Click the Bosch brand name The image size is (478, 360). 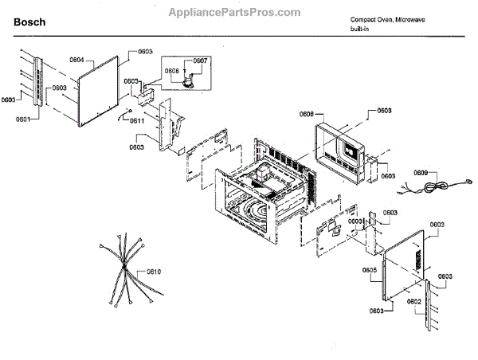coord(29,23)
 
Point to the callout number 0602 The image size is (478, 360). coord(413,302)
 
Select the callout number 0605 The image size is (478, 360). coord(369,270)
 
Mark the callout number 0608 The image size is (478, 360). coord(307,115)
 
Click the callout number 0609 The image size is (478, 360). coord(422,173)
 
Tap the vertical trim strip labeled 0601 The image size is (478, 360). coord(34,84)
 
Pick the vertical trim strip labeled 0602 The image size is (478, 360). coord(432,307)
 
